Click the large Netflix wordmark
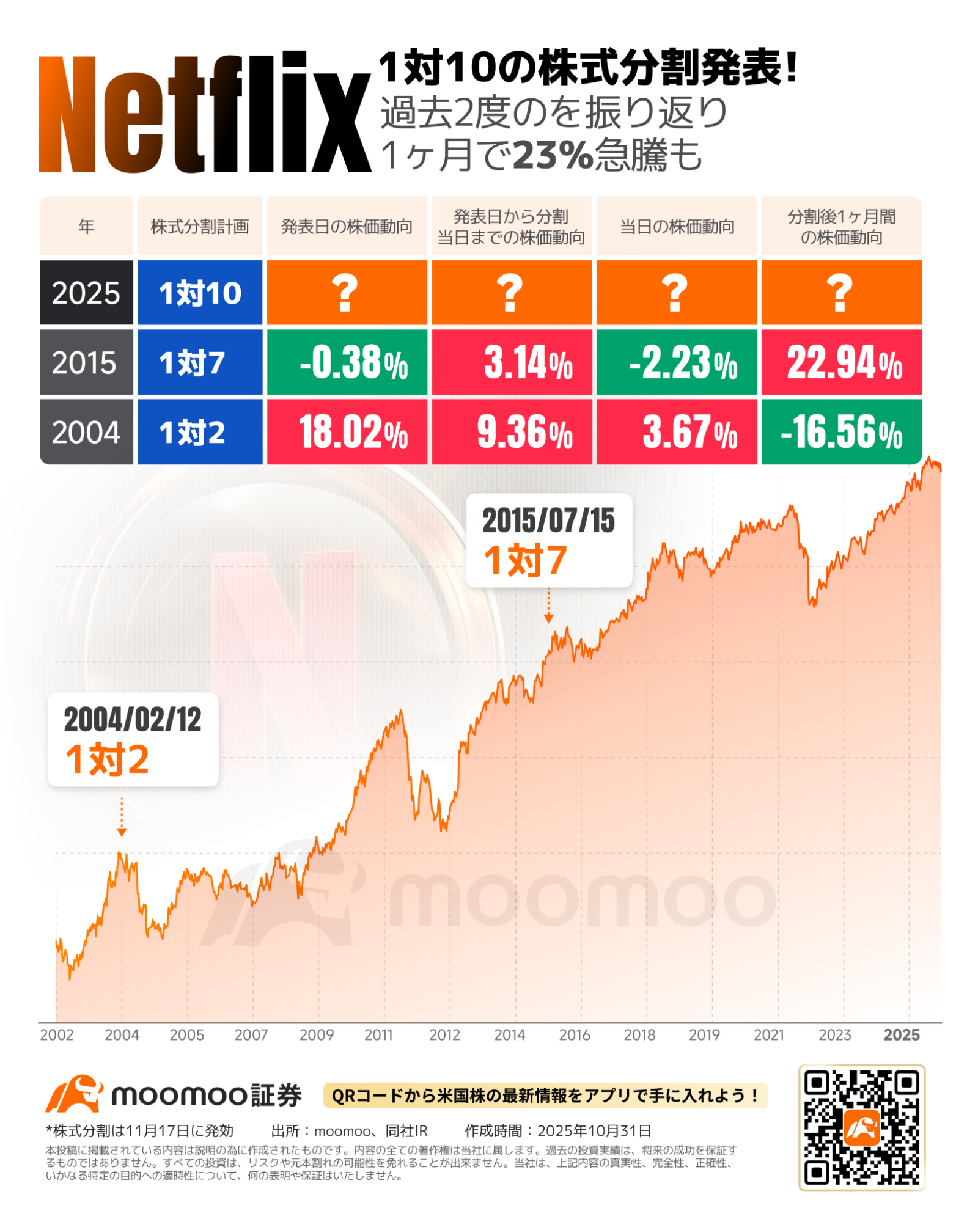point(205,114)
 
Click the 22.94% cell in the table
point(841,362)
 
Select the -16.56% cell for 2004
point(841,432)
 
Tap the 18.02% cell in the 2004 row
point(347,432)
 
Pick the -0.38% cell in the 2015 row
point(347,362)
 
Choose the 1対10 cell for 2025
point(200,293)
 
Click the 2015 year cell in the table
point(86,362)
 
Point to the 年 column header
point(86,227)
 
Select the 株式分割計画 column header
point(200,227)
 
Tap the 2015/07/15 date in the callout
point(548,521)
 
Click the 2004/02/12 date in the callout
point(133,720)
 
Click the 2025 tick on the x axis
point(902,1035)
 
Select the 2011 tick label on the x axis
point(379,1035)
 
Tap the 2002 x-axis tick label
point(57,1035)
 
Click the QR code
point(861,1128)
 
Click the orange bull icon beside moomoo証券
point(74,1094)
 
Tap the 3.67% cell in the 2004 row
point(677,432)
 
